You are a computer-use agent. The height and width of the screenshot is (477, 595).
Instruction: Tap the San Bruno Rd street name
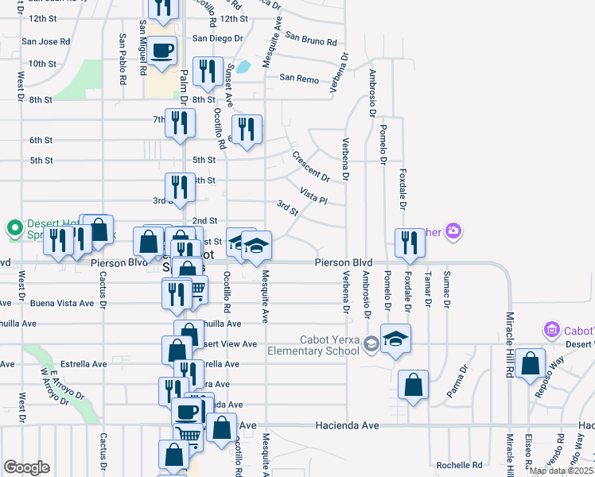click(311, 39)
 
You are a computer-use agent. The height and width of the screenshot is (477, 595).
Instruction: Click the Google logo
click(26, 467)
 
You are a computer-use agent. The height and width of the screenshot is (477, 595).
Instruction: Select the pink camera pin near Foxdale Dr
click(453, 231)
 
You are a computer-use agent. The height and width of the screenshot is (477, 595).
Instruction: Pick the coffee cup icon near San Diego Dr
click(162, 50)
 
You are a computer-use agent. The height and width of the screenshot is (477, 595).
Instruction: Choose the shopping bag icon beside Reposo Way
click(530, 364)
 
